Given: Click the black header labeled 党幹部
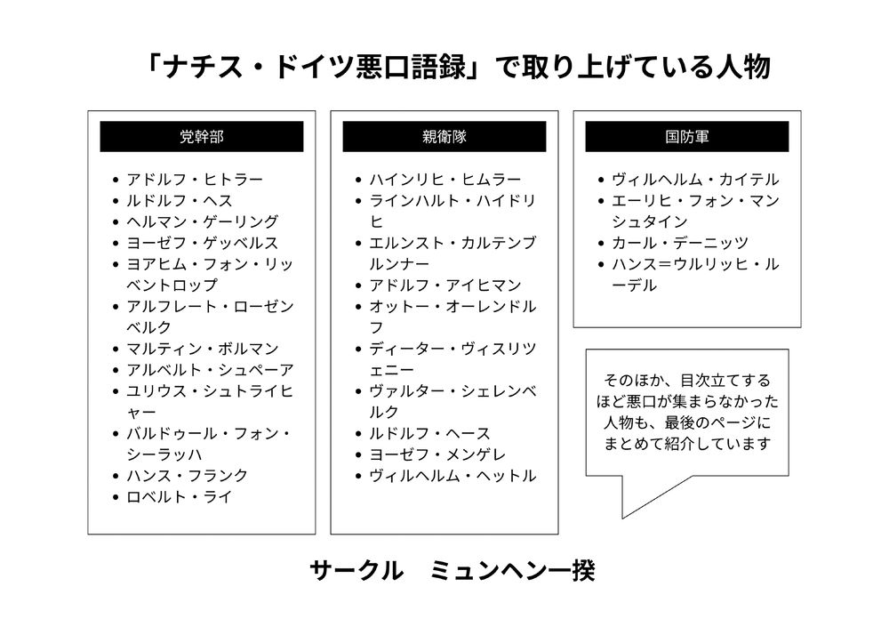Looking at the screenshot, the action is (201, 136).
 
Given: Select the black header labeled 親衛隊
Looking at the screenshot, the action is (444, 136).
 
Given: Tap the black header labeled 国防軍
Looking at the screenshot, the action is (686, 136).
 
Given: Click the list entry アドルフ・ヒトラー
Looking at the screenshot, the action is (195, 180).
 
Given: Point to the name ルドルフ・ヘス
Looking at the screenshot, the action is (180, 201).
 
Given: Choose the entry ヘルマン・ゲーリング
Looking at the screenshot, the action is (203, 221).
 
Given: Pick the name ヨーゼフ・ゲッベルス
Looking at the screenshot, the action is (203, 244).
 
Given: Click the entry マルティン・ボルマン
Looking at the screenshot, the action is (203, 349).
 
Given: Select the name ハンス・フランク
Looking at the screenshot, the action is (187, 476).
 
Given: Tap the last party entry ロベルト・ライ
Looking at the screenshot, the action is (180, 497).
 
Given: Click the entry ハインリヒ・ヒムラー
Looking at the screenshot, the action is (445, 180).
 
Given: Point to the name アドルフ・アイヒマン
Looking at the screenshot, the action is (445, 285).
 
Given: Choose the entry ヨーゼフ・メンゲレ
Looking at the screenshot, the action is (437, 454).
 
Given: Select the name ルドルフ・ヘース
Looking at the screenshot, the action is (429, 433).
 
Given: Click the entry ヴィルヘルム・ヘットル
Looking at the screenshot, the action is (453, 476).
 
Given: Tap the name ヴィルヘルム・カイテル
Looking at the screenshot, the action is (695, 180).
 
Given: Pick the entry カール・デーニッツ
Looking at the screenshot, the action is (680, 244).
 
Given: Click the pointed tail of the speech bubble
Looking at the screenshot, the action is (622, 518).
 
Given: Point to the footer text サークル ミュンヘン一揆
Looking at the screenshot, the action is (452, 571).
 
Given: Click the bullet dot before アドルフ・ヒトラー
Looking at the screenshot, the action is (116, 180).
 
